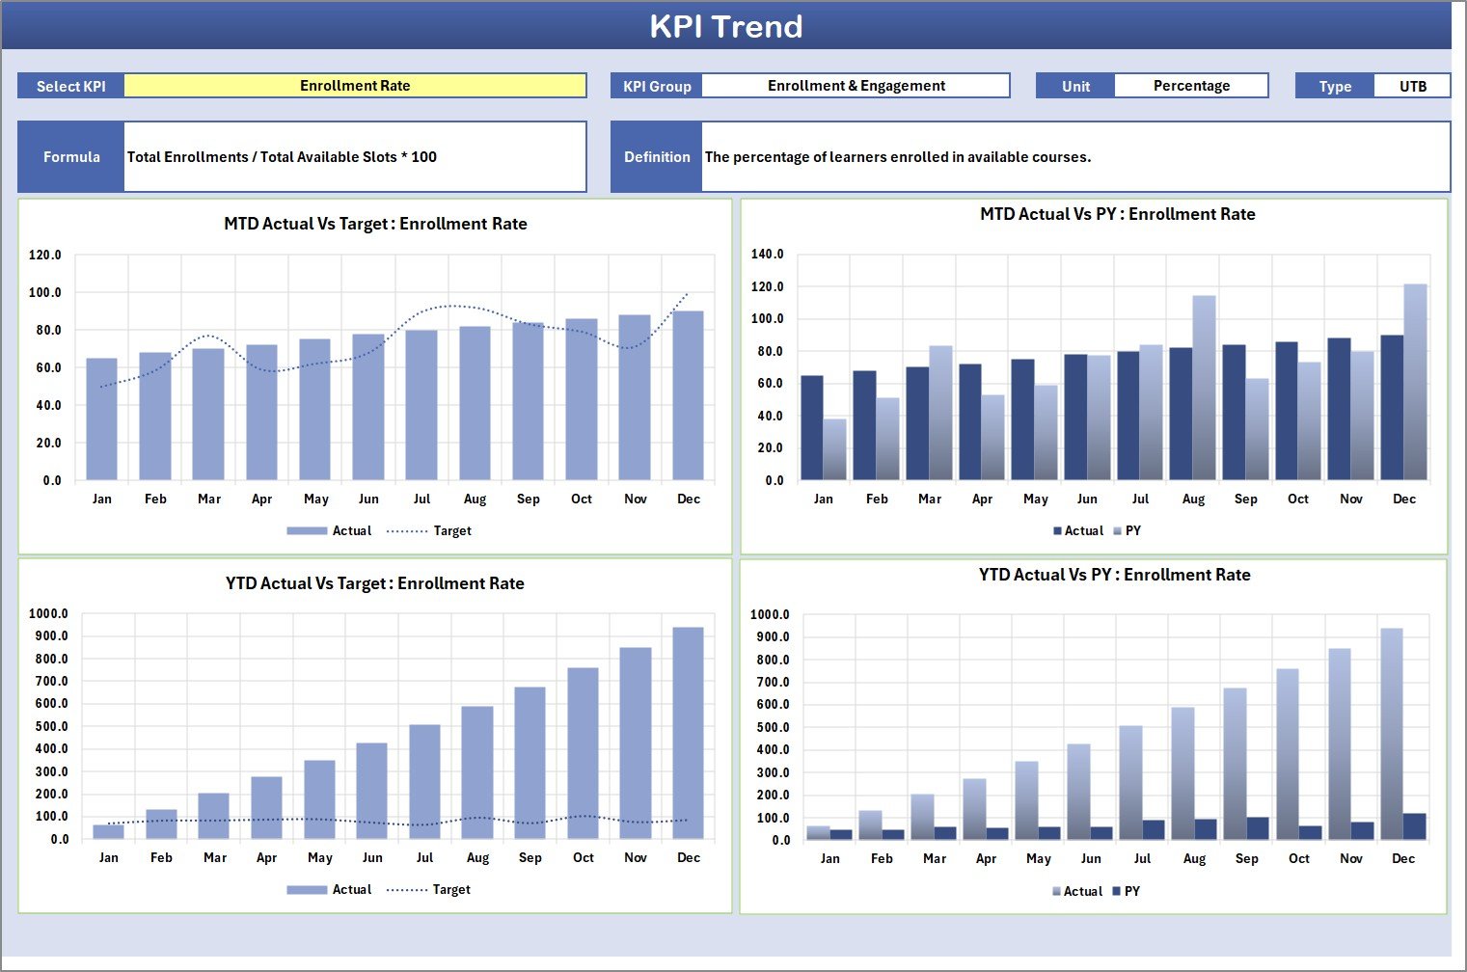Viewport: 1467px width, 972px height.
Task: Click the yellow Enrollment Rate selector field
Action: pyautogui.click(x=355, y=86)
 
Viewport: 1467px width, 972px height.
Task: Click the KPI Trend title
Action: pyautogui.click(x=725, y=26)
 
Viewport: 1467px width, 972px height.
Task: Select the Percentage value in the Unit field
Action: pyautogui.click(x=1191, y=86)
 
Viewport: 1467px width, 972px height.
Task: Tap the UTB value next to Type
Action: pyautogui.click(x=1412, y=86)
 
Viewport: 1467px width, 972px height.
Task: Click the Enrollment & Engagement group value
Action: pyautogui.click(x=856, y=86)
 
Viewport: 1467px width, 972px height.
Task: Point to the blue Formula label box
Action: pyautogui.click(x=71, y=156)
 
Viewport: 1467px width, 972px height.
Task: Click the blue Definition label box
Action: pyautogui.click(x=657, y=156)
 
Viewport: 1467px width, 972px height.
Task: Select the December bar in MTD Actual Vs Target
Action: pyautogui.click(x=688, y=395)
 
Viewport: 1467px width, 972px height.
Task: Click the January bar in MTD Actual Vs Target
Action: pyautogui.click(x=101, y=419)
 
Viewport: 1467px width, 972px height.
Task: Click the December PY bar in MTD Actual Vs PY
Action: pyautogui.click(x=1415, y=382)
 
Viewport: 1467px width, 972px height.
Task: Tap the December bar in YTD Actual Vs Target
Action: pyautogui.click(x=688, y=733)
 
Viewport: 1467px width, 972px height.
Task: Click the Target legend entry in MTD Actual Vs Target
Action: pyautogui.click(x=451, y=530)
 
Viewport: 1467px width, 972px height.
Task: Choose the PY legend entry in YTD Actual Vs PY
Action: pyautogui.click(x=1131, y=891)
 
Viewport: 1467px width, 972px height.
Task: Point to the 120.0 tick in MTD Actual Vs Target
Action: pyautogui.click(x=44, y=256)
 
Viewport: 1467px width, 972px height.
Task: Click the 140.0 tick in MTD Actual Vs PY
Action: pyautogui.click(x=768, y=255)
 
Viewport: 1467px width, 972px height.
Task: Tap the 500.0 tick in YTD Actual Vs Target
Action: pyautogui.click(x=48, y=726)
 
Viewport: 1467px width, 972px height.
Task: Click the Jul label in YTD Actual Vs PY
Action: pyautogui.click(x=1142, y=858)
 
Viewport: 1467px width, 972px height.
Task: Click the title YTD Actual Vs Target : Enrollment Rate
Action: pyautogui.click(x=375, y=583)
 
